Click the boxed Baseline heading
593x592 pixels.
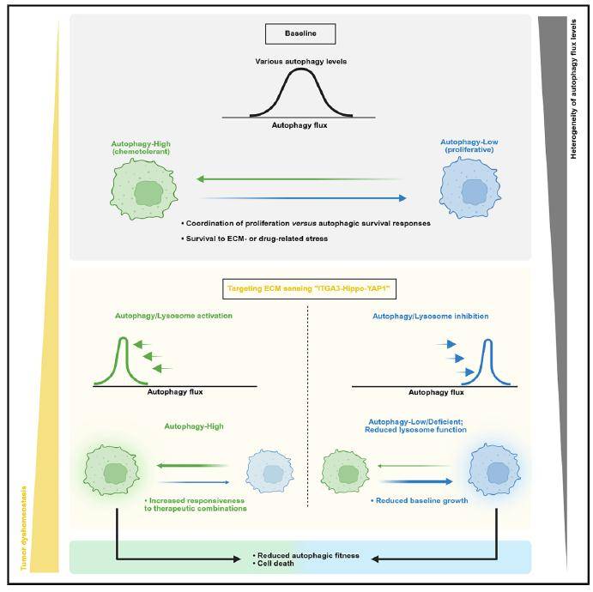299,33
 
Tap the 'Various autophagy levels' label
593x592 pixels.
299,62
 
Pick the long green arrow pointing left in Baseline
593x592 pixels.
299,179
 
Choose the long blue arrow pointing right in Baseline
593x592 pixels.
299,198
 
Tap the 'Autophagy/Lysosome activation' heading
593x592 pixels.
174,316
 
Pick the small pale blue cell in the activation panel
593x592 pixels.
264,473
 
